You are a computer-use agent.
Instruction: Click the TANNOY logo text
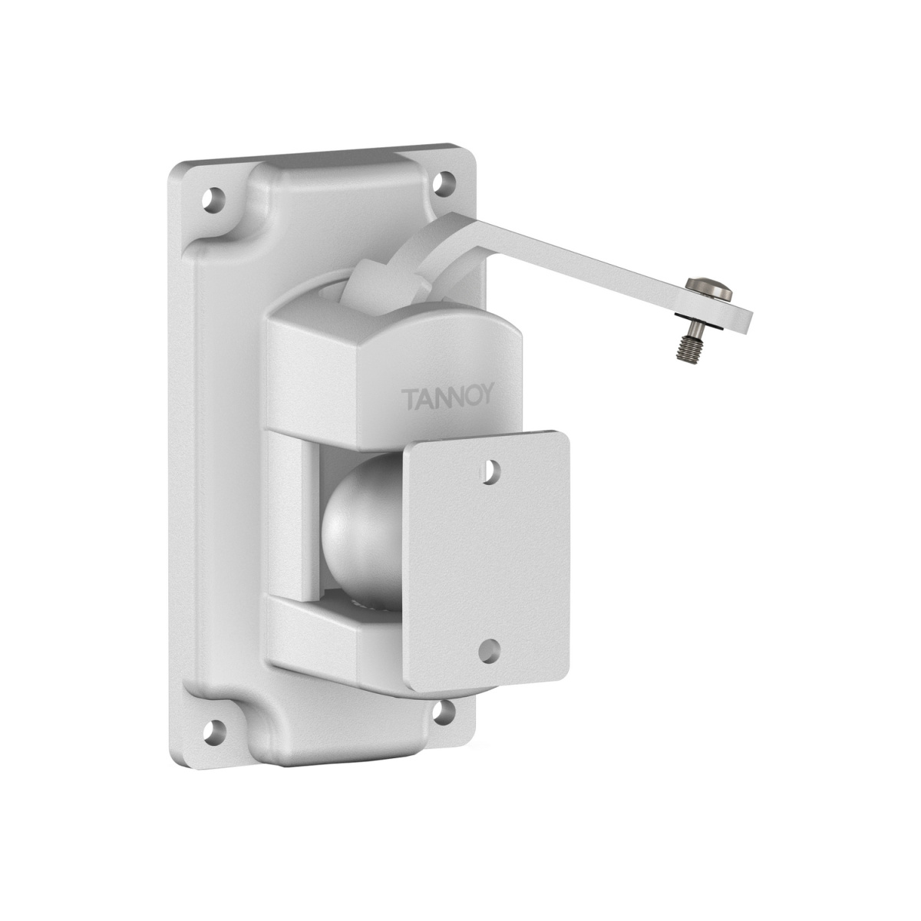tap(447, 398)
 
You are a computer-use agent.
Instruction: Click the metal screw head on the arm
tap(708, 289)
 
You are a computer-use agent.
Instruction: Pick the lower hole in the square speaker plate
tap(487, 652)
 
